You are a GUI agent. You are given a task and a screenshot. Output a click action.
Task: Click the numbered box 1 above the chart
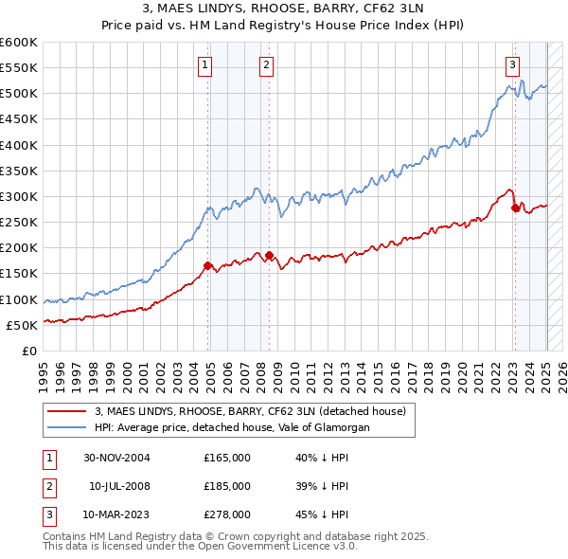[205, 64]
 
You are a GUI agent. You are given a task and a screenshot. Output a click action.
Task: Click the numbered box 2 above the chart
[267, 64]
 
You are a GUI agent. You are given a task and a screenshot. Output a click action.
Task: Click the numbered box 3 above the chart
[512, 64]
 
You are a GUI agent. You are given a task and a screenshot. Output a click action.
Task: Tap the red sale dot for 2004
[207, 265]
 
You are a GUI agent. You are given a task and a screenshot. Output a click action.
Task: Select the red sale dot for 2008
[269, 255]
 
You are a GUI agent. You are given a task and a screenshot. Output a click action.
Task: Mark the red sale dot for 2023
[514, 207]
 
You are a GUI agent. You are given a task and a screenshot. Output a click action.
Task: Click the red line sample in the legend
[67, 411]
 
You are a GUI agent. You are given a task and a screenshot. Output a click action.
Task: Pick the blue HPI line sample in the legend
[67, 427]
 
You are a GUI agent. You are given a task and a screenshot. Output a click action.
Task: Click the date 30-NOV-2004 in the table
[117, 458]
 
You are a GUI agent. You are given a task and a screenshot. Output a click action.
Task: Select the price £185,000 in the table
[227, 486]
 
